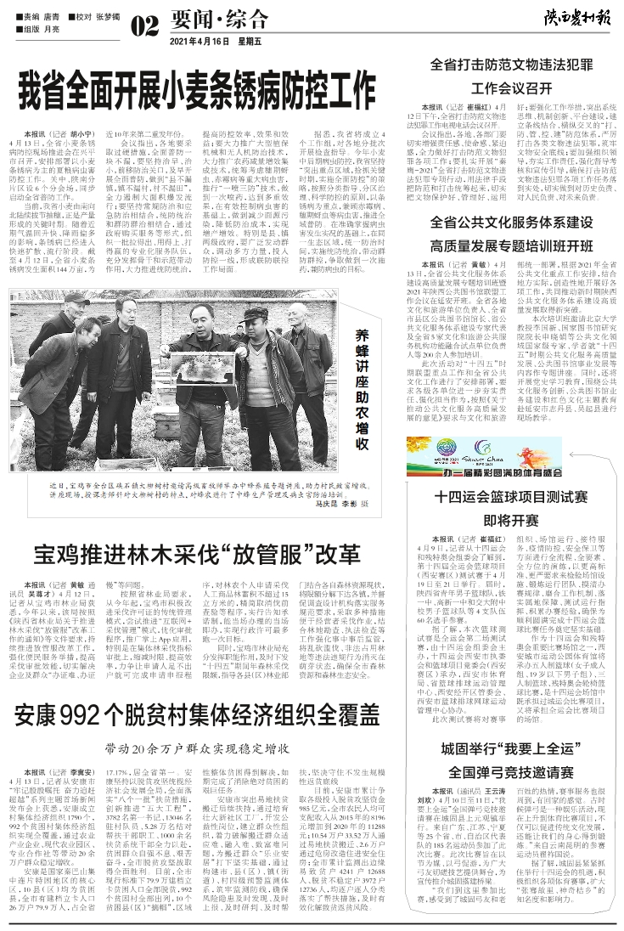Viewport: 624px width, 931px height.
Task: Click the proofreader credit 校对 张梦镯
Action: [x=98, y=16]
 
